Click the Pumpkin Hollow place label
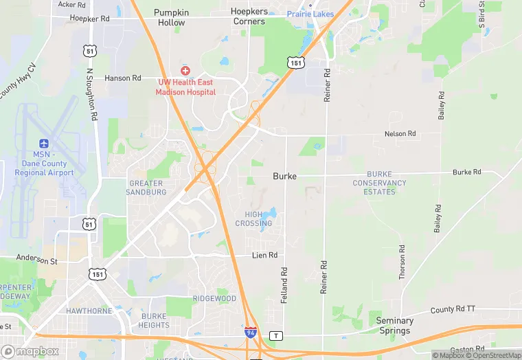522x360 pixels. click(171, 17)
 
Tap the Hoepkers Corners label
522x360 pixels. click(248, 17)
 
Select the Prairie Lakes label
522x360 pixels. click(310, 14)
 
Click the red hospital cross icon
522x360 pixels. click(185, 71)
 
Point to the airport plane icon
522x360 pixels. click(45, 143)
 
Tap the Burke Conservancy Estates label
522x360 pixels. click(379, 183)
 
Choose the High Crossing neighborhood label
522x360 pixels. click(253, 218)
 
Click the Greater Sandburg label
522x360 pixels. click(146, 188)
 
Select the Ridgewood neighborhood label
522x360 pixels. click(214, 299)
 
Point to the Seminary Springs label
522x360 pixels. click(395, 326)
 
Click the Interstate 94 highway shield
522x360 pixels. click(251, 333)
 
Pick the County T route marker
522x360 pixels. click(276, 335)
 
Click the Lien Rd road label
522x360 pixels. click(264, 255)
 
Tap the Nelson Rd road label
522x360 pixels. click(400, 133)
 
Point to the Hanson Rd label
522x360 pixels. click(122, 78)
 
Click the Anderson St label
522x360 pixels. click(37, 260)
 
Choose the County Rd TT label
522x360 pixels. click(453, 310)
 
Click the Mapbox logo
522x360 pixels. click(30, 352)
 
